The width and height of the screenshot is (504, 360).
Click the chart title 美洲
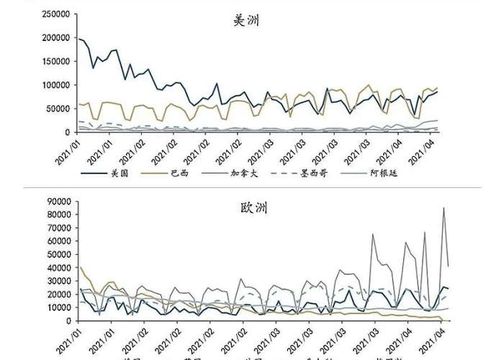click(x=246, y=21)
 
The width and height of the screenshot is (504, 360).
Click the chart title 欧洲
click(x=253, y=208)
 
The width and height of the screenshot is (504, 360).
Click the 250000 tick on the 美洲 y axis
click(x=56, y=14)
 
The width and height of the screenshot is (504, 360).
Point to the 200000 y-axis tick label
click(x=56, y=38)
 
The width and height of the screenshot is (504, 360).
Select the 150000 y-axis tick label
click(x=56, y=62)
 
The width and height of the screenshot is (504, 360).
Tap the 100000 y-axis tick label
click(x=56, y=86)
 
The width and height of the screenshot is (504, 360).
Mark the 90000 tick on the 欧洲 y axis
click(x=59, y=202)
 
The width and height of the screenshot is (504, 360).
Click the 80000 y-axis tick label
click(x=59, y=215)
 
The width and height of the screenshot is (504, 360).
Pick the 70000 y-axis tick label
click(x=59, y=228)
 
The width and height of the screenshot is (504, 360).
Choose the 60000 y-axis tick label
click(x=59, y=241)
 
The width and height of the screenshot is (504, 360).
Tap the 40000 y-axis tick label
click(x=59, y=268)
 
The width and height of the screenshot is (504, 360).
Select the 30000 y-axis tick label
click(x=59, y=281)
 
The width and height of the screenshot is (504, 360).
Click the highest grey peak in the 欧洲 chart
click(x=444, y=208)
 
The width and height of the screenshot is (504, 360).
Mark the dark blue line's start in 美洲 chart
click(x=78, y=39)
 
